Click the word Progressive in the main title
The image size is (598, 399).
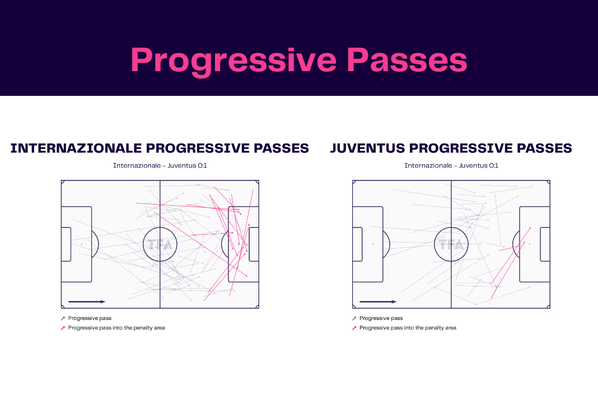[x=233, y=61]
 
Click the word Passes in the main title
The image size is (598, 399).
[x=407, y=60]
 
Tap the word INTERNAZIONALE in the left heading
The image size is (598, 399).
[x=76, y=148]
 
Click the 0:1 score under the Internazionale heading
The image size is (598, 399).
[x=201, y=165]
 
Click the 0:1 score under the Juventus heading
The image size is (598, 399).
[x=492, y=165]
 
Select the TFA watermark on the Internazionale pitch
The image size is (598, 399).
[x=160, y=244]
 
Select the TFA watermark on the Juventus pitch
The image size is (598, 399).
[x=451, y=244]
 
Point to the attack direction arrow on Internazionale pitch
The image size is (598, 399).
[x=87, y=301]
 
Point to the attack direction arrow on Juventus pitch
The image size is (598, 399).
[x=379, y=301]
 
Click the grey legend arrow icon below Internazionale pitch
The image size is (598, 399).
[x=63, y=318]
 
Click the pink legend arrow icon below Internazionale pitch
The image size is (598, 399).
[x=63, y=328]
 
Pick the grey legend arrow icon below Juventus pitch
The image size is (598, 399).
[x=354, y=318]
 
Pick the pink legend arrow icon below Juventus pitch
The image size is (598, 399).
[x=354, y=328]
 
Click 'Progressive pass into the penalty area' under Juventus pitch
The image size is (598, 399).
[x=408, y=328]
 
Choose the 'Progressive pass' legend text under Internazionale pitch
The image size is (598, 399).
[x=90, y=318]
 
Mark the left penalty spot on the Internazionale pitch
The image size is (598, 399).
[x=82, y=244]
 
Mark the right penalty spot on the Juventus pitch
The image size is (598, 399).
[x=529, y=244]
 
